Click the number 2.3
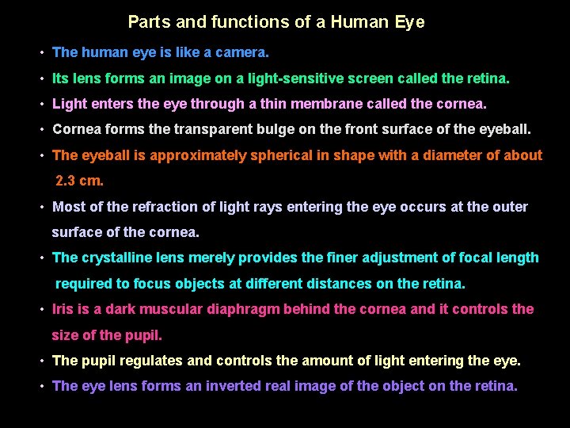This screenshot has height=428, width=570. pyautogui.click(x=66, y=181)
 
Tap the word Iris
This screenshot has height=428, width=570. pyautogui.click(x=62, y=309)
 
